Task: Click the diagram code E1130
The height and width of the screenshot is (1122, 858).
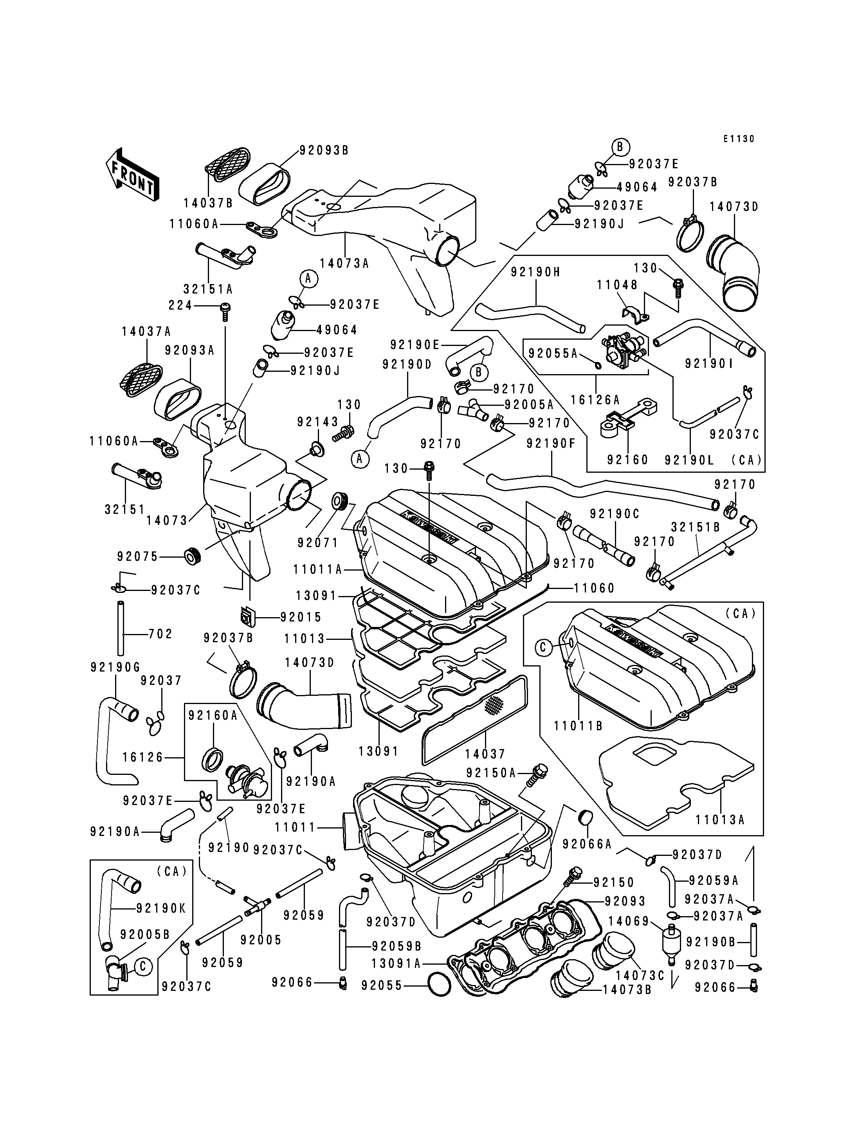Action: (739, 139)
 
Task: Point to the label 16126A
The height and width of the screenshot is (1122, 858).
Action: (595, 400)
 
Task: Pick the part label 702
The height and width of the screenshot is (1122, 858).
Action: (160, 634)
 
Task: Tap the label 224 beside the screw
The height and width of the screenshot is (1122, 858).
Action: (180, 305)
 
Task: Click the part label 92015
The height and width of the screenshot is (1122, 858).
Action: (301, 618)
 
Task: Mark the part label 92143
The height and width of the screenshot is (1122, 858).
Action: (318, 422)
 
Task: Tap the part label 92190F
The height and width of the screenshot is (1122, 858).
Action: (551, 443)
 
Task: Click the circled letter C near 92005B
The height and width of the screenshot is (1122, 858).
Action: (143, 966)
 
